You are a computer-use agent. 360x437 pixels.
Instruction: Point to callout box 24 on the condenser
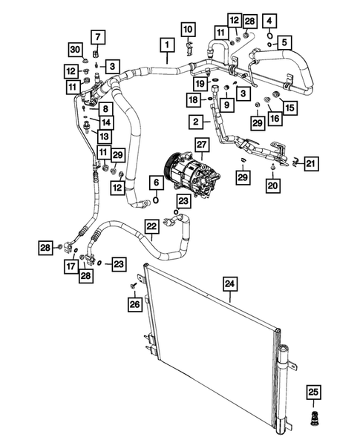(x=229, y=283)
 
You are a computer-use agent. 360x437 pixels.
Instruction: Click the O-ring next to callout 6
(x=157, y=198)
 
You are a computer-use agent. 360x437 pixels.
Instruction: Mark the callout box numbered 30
(x=76, y=49)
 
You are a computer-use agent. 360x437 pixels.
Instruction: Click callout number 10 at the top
(x=187, y=30)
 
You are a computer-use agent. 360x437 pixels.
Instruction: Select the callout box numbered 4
(x=269, y=19)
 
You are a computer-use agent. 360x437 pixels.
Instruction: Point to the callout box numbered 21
(x=311, y=163)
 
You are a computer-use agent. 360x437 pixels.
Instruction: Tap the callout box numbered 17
(x=70, y=266)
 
